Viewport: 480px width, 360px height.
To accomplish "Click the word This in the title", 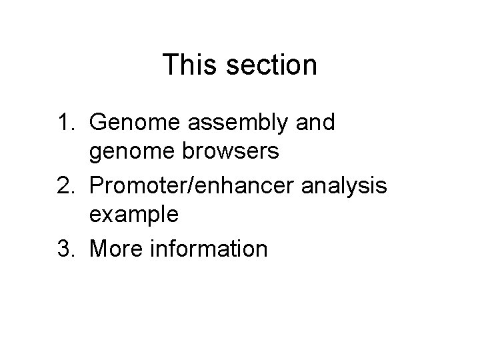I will click(x=191, y=65).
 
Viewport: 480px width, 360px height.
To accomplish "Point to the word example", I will click(x=143, y=215).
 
